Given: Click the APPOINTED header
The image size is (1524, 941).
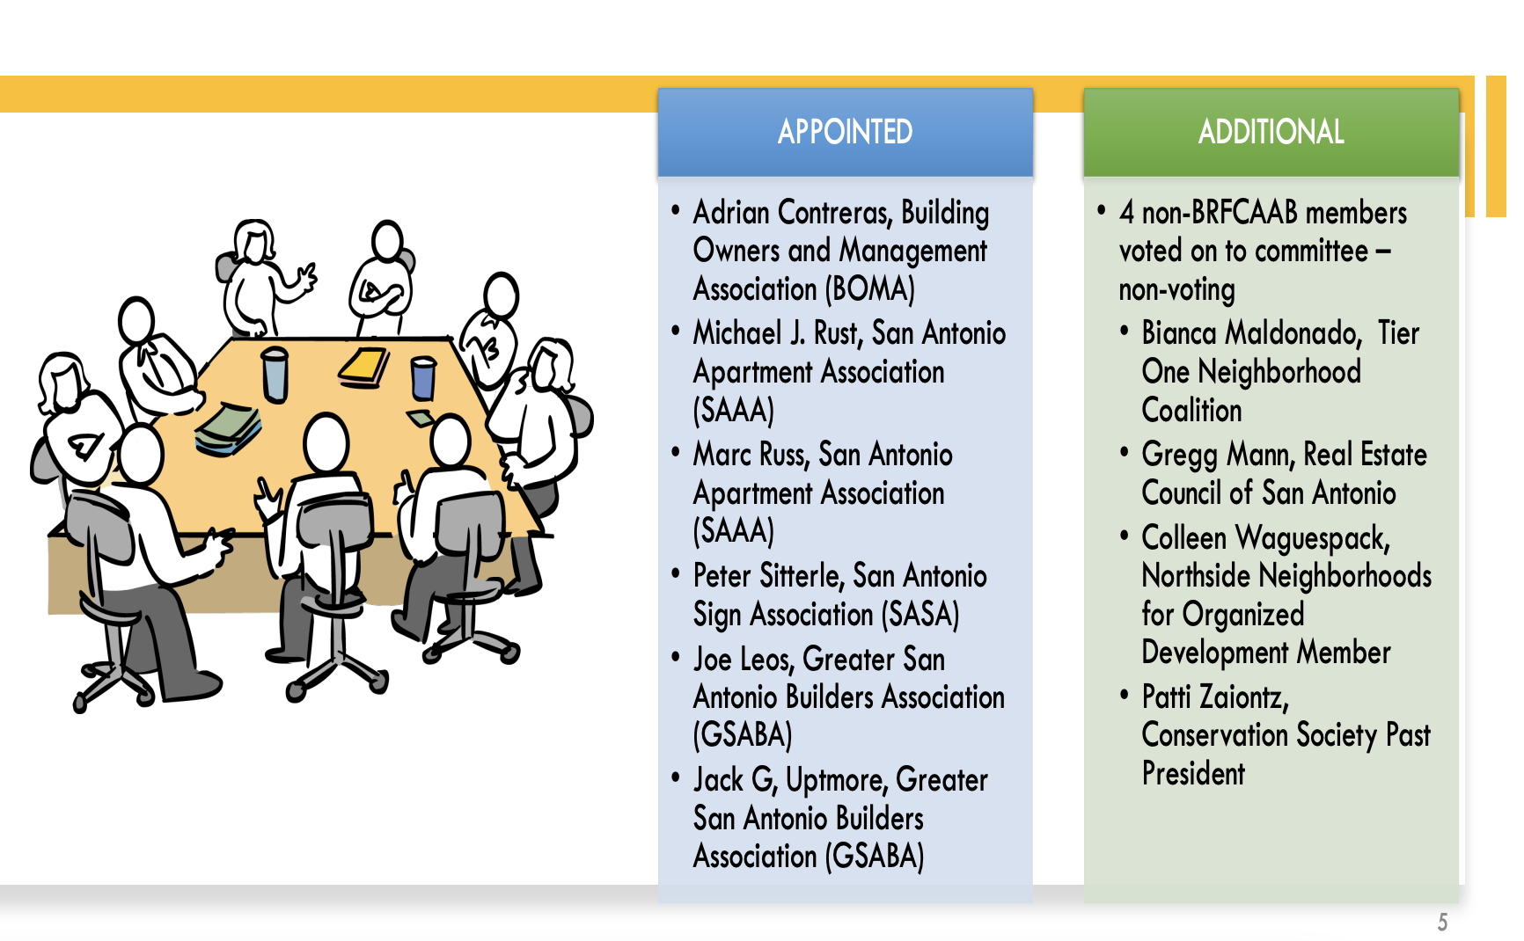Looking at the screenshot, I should [845, 132].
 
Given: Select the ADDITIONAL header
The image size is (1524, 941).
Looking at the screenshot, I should [1271, 132].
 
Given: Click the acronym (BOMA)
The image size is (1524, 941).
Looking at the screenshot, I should [873, 289].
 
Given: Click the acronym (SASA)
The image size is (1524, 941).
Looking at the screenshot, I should [920, 615].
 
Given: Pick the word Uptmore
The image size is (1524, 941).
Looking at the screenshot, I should [835, 780].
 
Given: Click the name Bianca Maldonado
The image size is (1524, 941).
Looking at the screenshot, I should [1250, 333].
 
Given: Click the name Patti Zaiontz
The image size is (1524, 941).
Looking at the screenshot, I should [1214, 697].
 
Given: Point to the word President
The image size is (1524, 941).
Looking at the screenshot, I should [1193, 774].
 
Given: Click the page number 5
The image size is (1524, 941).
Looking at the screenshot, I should [1442, 922].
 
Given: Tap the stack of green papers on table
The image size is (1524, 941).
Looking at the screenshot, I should [228, 428].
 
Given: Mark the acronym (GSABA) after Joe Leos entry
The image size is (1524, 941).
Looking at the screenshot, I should [743, 735].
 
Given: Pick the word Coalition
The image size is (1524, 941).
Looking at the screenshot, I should [1191, 411].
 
